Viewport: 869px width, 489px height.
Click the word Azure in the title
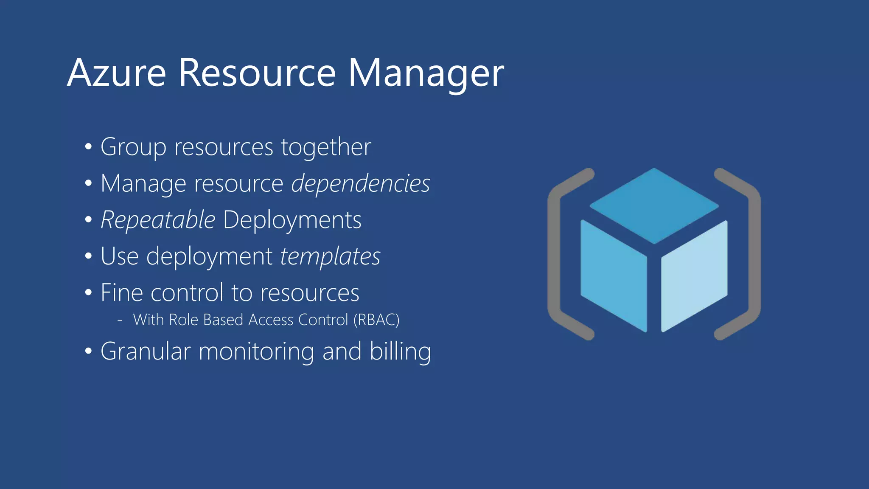tap(116, 73)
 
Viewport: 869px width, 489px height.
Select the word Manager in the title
tap(426, 73)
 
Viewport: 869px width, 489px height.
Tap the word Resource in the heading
tap(257, 73)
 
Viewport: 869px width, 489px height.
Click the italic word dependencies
tap(361, 184)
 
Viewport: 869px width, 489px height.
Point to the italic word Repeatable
tap(158, 220)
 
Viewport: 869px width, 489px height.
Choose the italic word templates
tap(330, 257)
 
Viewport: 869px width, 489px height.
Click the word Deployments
tap(292, 220)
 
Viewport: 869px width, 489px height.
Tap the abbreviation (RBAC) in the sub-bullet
tap(376, 320)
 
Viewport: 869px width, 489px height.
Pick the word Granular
tap(146, 351)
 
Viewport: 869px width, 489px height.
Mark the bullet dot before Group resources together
tap(88, 147)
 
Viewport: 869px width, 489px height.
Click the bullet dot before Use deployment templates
tap(88, 256)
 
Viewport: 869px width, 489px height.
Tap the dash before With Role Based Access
tap(120, 320)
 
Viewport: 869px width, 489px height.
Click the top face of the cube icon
tap(654, 205)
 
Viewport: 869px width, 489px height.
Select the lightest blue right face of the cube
tap(694, 276)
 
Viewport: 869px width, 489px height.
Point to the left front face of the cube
tap(614, 276)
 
